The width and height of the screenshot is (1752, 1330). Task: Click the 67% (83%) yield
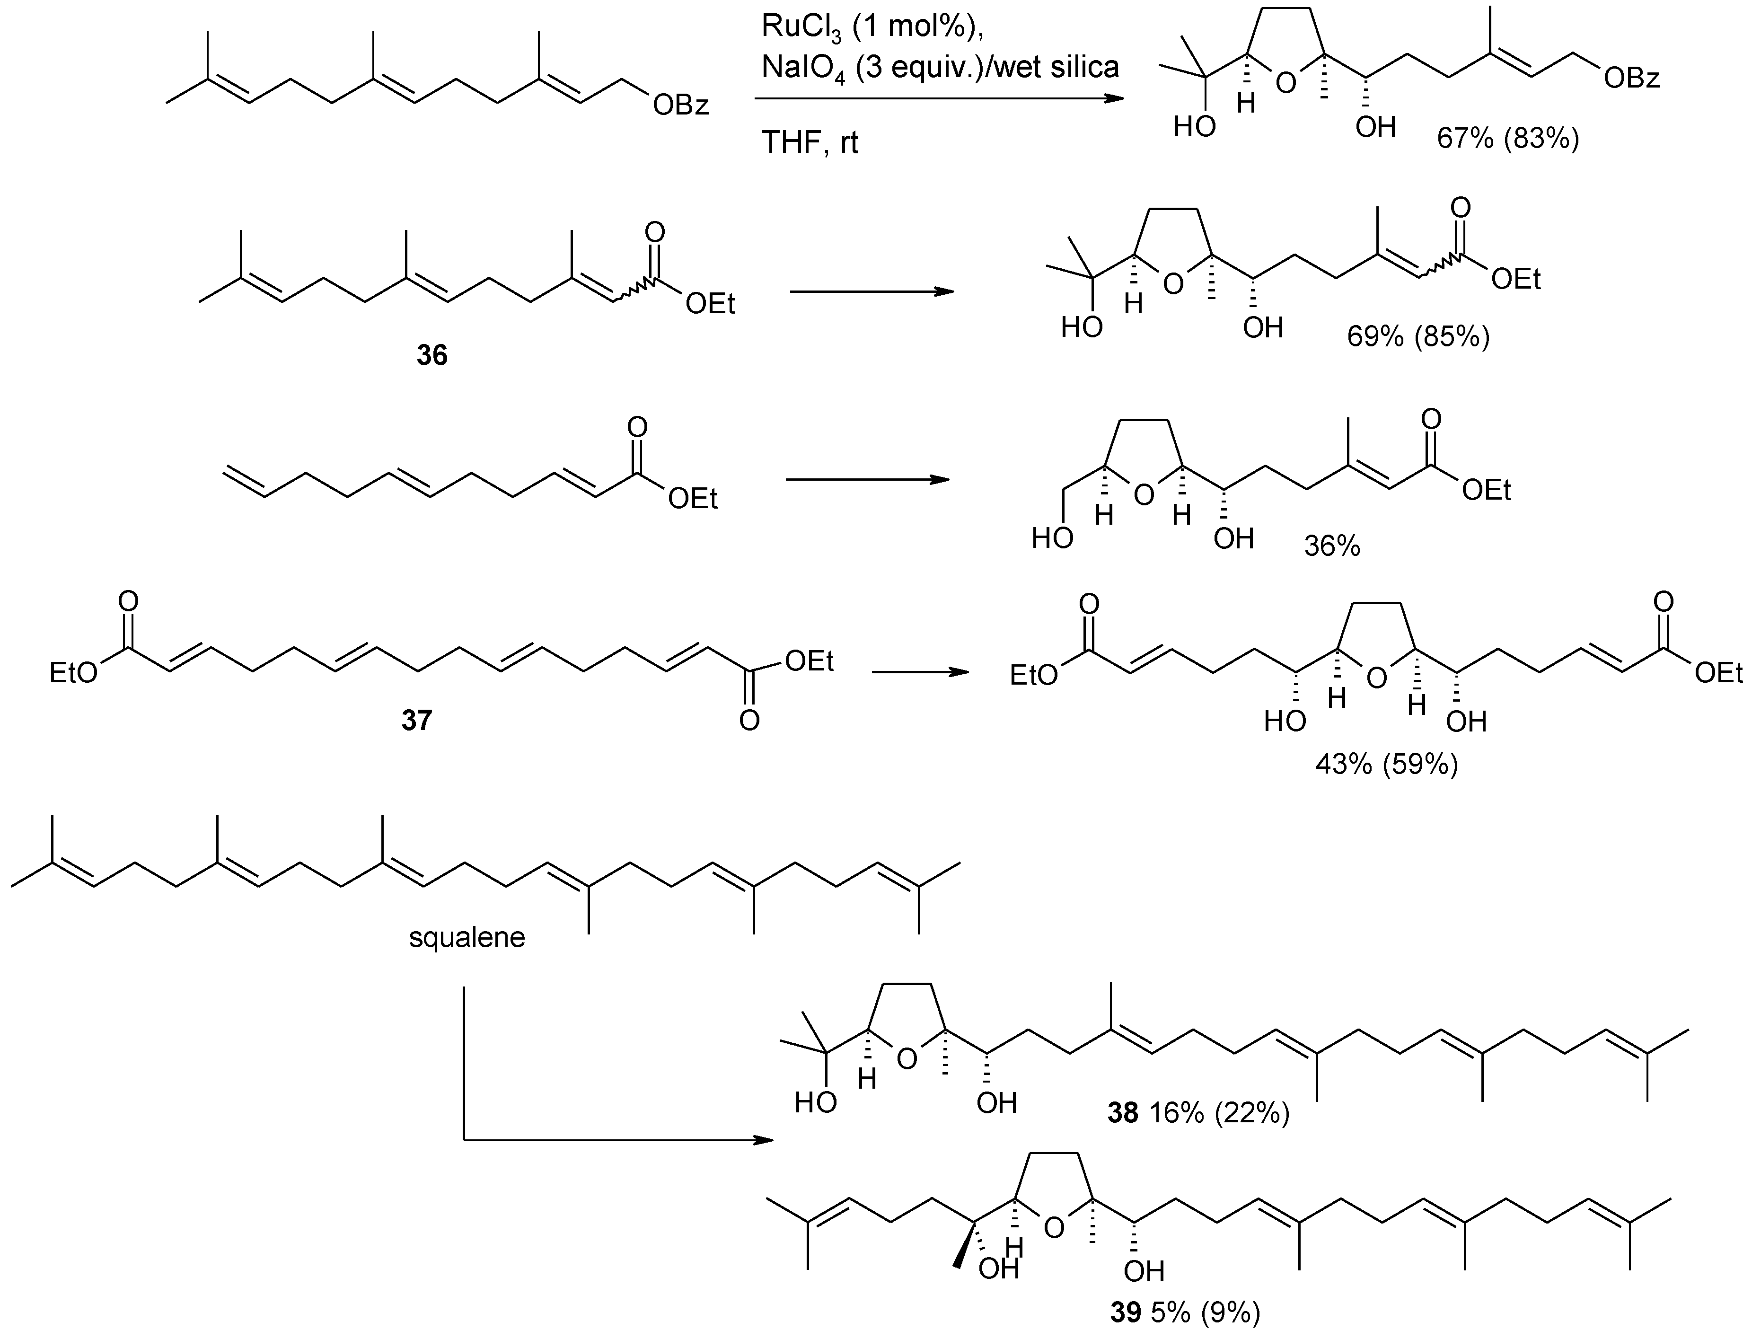click(x=1508, y=140)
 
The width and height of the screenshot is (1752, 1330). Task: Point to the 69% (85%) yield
click(x=1418, y=337)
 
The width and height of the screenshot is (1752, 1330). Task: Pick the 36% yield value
click(x=1332, y=546)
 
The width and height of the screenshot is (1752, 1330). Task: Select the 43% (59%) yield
click(x=1386, y=765)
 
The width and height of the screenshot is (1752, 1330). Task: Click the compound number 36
click(x=431, y=356)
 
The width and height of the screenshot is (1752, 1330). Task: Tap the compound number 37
click(x=417, y=721)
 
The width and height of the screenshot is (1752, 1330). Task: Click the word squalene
click(x=467, y=938)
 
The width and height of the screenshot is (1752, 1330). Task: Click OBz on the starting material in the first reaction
click(x=680, y=106)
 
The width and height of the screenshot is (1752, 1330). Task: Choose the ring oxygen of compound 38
click(x=908, y=1058)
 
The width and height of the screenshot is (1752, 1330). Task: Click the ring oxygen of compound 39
click(x=1053, y=1229)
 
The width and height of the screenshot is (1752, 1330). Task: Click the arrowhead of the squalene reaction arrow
click(x=762, y=1141)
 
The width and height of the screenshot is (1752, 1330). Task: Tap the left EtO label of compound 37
click(x=74, y=672)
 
